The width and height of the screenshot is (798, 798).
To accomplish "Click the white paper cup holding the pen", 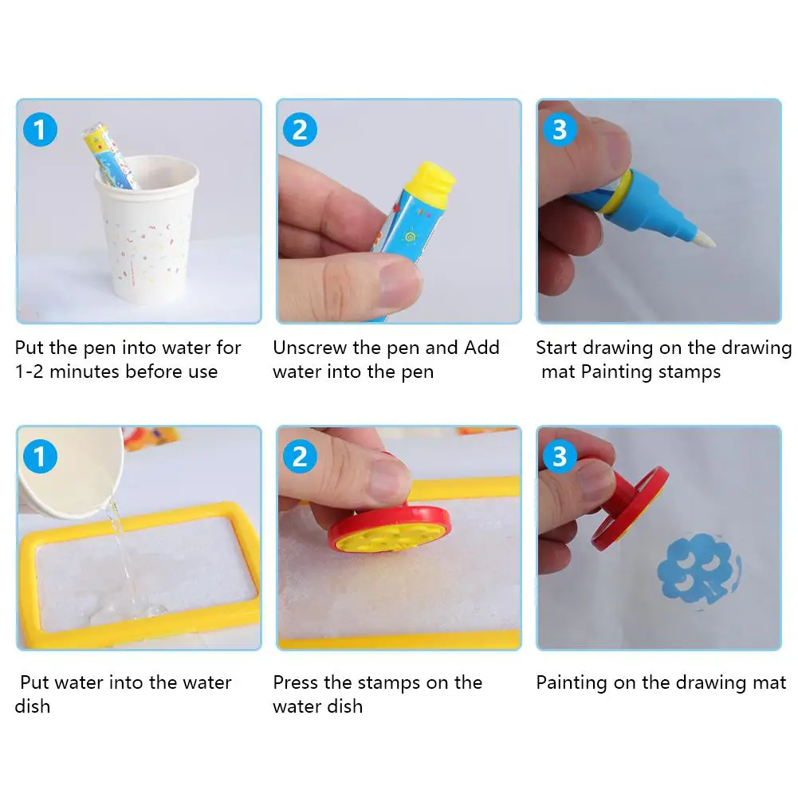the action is pos(147,229).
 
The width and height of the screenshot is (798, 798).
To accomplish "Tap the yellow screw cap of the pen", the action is pos(430,180).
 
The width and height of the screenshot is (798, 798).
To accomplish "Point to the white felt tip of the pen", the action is pos(705,238).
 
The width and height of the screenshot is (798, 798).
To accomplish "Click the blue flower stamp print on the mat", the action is pos(699,569).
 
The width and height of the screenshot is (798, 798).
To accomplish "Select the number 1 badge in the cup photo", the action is pos(40,129).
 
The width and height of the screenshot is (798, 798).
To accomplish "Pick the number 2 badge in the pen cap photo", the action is pos(301,129).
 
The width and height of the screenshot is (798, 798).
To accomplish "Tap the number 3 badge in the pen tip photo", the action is pos(560,129).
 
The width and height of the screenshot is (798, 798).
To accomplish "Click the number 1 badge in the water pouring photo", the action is pos(40,456).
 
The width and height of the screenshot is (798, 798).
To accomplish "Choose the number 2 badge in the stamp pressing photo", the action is pos(301,456).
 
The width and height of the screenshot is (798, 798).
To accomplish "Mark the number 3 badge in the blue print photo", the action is pos(560,456).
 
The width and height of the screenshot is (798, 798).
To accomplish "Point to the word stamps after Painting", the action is pos(690,372).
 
